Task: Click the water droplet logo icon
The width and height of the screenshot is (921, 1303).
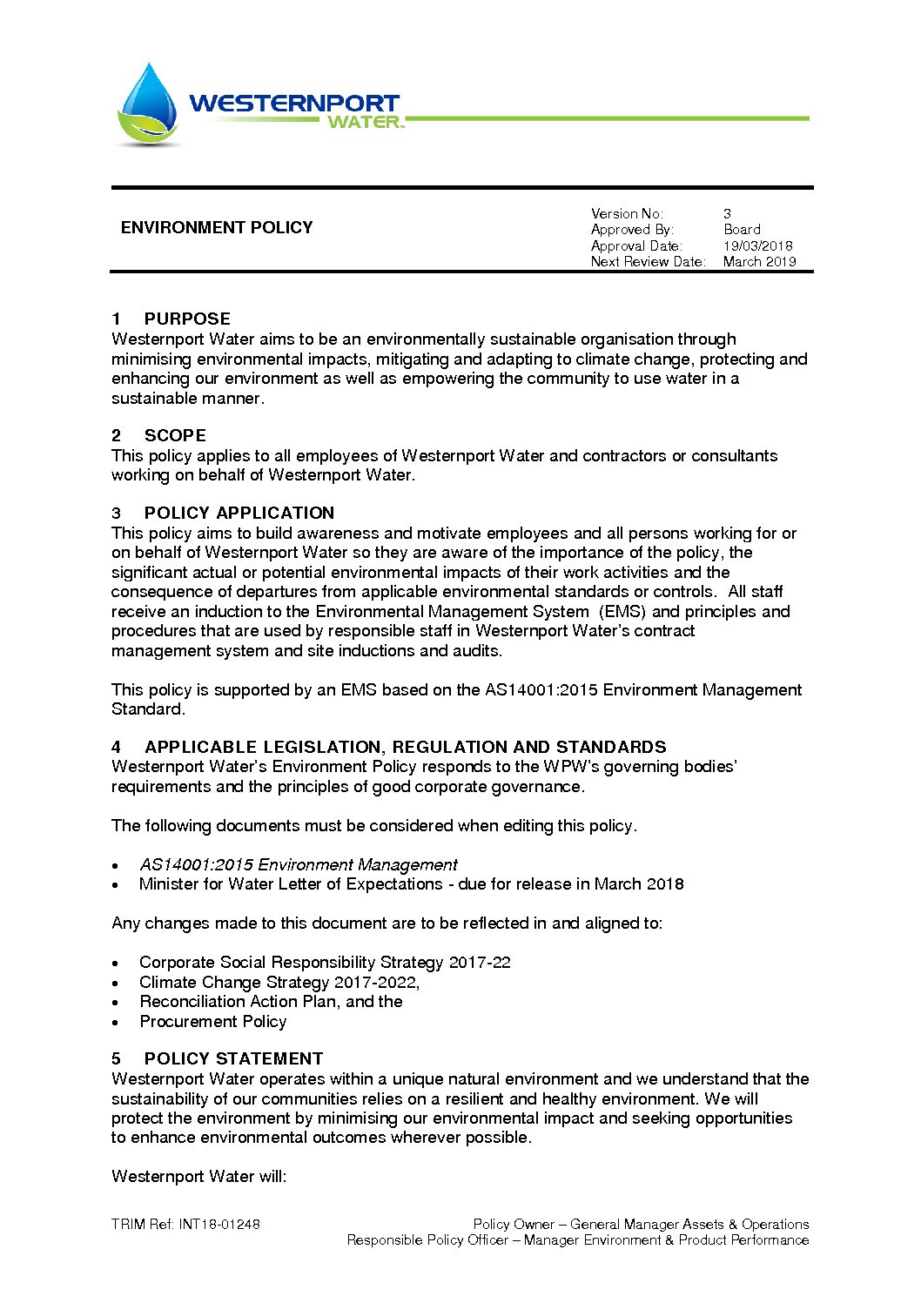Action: pos(148,104)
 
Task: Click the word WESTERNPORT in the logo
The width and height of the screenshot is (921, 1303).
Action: pos(293,103)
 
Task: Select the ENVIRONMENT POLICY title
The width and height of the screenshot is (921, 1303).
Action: pos(217,228)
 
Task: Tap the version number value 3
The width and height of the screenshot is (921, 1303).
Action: pos(727,213)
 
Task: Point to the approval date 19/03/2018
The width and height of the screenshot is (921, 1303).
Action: pos(757,246)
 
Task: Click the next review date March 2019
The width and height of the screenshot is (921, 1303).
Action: pos(759,262)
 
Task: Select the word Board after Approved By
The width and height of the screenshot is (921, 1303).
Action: pos(742,230)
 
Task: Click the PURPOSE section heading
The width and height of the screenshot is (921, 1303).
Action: pos(187,319)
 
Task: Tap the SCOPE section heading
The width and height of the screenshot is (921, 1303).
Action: pos(175,435)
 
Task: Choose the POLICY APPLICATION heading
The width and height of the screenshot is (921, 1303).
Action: pos(239,513)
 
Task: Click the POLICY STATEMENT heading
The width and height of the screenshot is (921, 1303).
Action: pos(233,1058)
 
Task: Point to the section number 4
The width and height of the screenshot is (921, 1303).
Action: pos(117,747)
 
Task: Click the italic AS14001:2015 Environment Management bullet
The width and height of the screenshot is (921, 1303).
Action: pos(299,864)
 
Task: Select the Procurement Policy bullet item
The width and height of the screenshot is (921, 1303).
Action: pos(213,1021)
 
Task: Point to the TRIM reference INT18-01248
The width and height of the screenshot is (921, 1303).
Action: pos(219,1224)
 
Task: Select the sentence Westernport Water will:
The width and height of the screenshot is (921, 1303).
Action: pos(199,1176)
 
